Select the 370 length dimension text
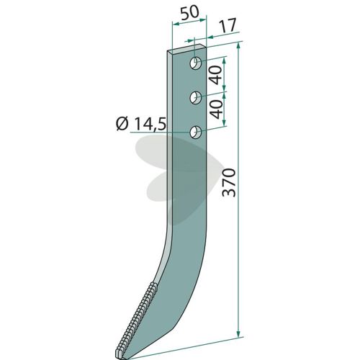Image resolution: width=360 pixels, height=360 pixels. tap(228, 183)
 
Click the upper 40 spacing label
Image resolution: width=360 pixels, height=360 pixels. tap(217, 75)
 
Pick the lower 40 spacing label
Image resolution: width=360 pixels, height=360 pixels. tap(217, 109)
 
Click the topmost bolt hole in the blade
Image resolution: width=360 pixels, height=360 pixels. tap(196, 63)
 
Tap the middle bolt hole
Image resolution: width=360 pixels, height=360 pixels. tap(196, 98)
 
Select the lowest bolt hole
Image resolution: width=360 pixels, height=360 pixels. tap(196, 132)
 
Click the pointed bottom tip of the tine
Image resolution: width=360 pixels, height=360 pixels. tap(123, 358)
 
